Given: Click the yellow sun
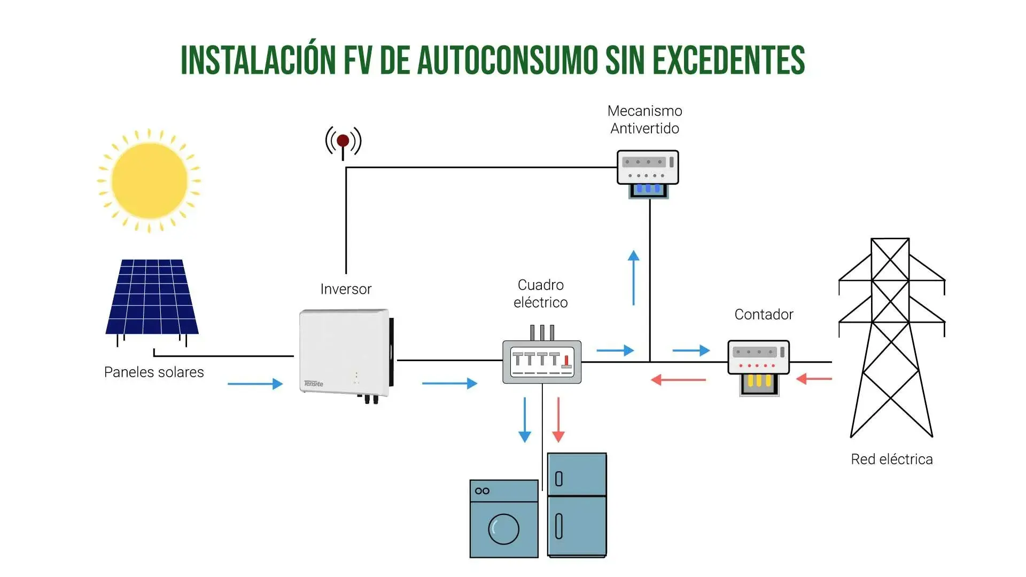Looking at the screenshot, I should point(149,181).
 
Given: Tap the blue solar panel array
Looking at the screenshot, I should point(152,297).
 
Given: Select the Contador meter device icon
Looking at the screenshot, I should point(758,366).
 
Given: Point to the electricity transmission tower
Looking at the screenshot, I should point(891,337).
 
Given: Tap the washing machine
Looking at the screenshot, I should point(503,519).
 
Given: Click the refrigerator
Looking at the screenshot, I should point(577,505).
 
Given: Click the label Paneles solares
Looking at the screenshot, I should point(154,372).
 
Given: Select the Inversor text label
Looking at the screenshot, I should point(346,289).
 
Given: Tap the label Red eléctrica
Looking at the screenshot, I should point(891,459).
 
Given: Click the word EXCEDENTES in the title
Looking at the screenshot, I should point(728,60).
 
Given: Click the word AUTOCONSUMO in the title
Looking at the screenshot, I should point(507,60).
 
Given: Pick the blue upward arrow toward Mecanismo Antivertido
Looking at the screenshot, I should point(634,278).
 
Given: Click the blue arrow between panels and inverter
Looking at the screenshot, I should point(255,384).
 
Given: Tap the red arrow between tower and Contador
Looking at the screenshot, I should point(814,379).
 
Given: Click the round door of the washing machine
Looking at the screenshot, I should point(503,529).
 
